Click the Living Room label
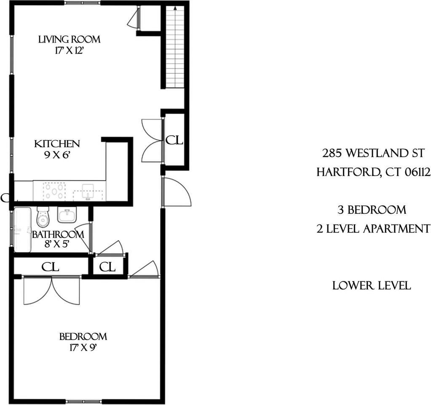69,40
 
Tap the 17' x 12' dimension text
69,50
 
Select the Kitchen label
57,144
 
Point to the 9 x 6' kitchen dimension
57,155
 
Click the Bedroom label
83,337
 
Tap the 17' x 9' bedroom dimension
83,348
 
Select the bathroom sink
67,216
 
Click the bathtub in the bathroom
22,229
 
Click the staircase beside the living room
175,46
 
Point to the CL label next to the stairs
174,140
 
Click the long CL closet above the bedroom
50,267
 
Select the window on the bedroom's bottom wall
84,401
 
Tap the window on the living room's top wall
83,3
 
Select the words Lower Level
372,286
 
